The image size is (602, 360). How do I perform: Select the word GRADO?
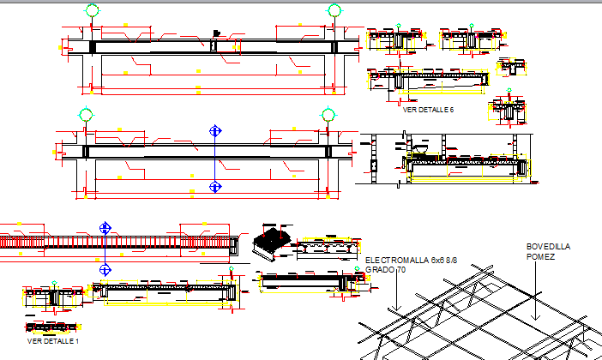(378, 269)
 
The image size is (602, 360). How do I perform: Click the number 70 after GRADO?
(400, 269)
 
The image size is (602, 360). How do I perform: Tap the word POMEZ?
(540, 256)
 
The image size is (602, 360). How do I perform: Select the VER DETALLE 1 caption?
(53, 341)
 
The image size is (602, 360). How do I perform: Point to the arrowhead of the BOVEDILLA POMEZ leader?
(536, 318)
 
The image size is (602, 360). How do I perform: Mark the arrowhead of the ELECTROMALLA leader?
(397, 309)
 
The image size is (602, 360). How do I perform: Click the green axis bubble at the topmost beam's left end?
(93, 10)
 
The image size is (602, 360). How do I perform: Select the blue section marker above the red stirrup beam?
(105, 227)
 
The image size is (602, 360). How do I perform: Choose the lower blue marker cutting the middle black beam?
(215, 186)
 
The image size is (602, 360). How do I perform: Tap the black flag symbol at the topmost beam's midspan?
(217, 33)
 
